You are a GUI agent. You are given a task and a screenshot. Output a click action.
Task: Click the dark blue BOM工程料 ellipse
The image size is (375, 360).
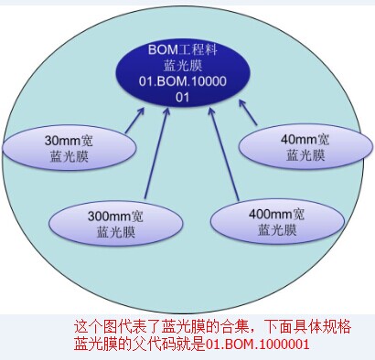coord(183,73)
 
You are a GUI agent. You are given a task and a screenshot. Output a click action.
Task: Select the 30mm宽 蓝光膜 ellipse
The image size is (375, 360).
coord(69,148)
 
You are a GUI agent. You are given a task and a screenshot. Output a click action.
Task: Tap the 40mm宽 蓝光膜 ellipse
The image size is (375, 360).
coord(305,146)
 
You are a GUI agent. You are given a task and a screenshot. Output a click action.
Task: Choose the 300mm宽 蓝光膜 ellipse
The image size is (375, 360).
coord(116,224)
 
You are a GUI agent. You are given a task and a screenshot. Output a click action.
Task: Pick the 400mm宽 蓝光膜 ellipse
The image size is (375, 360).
coord(277,221)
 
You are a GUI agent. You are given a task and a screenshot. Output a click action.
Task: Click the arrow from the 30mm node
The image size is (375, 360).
coord(134,120)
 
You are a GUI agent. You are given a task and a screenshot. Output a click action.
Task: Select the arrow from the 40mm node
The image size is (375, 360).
coord(248,112)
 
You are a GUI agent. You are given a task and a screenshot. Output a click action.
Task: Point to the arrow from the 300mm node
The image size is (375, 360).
coord(156,153)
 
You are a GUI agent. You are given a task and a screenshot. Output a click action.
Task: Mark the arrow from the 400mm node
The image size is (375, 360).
coord(224,154)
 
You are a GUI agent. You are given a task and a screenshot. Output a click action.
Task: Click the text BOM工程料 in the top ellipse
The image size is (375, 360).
coord(183,49)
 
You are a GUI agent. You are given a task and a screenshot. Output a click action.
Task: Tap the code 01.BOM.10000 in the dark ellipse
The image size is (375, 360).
coord(183,81)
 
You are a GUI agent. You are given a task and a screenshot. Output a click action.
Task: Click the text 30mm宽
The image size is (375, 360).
coord(69,141)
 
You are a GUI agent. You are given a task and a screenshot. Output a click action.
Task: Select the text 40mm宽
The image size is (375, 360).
coord(305,139)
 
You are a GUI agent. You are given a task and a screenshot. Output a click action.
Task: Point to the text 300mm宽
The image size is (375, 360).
coord(115,217)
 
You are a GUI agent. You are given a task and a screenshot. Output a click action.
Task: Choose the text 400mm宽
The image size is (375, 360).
coord(276,214)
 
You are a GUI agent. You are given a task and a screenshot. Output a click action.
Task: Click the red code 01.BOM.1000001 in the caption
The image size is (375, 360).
coord(258,344)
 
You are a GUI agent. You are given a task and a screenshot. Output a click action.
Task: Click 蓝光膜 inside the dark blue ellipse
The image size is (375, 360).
coord(183,66)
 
